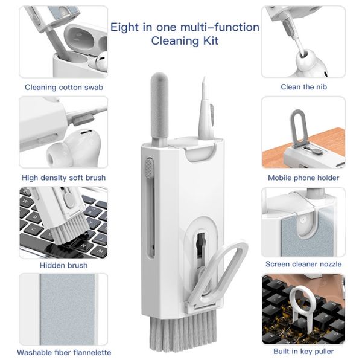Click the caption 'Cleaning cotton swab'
coord(63,87)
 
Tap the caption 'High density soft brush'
coord(63,178)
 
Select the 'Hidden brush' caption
coord(63,265)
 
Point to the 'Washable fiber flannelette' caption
coord(64,352)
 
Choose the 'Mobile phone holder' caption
coord(303,178)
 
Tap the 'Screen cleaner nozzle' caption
coord(303,264)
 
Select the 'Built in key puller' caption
coord(303,351)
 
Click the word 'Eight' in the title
coord(125,27)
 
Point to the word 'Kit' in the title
coord(209,42)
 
